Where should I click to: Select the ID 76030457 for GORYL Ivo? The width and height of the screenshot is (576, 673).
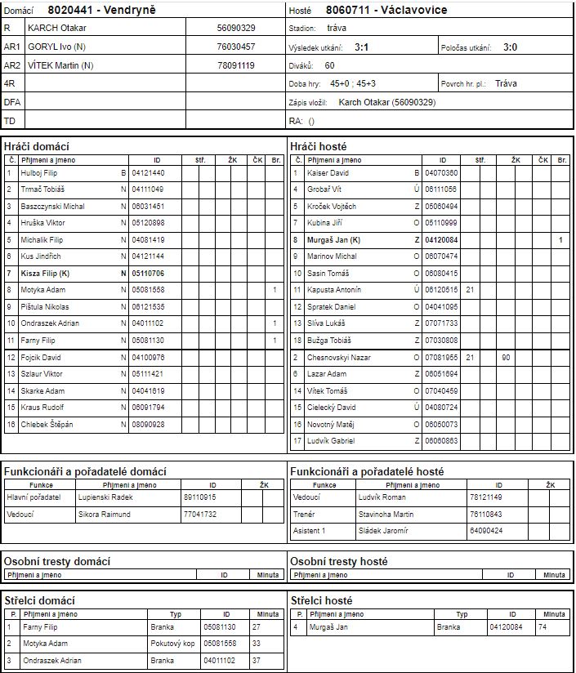(236, 47)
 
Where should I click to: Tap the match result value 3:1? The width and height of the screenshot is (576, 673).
(360, 47)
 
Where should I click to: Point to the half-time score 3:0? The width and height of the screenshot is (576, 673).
(511, 47)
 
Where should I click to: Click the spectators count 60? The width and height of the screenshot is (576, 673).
(329, 65)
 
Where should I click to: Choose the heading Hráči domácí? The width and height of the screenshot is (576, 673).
(33, 145)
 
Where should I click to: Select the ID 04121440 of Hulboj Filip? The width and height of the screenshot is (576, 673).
(149, 173)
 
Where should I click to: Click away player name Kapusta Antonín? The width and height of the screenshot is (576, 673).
(333, 290)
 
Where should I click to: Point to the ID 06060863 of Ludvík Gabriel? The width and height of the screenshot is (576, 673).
(442, 440)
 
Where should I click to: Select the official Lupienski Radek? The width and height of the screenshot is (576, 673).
(105, 497)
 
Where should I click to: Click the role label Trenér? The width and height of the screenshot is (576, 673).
(305, 515)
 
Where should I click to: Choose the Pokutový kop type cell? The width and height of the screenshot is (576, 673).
(171, 644)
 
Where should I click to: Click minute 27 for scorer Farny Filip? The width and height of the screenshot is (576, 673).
(257, 627)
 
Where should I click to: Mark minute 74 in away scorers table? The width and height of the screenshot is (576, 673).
(543, 627)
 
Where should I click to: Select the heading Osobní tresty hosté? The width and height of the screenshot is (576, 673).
(339, 561)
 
